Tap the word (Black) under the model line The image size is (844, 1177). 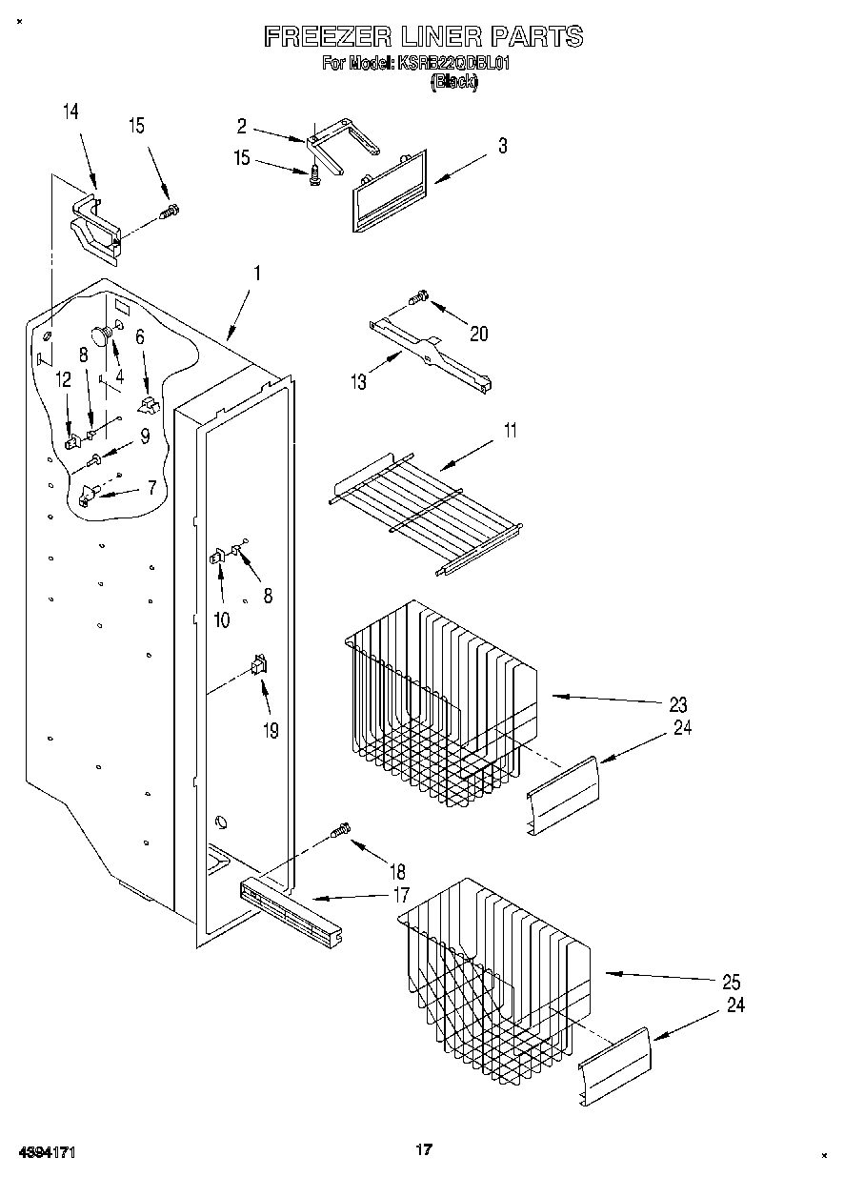(x=454, y=81)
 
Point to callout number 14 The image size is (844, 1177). (x=70, y=112)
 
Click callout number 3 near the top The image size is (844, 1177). (x=502, y=146)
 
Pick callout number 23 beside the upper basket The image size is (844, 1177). (x=677, y=705)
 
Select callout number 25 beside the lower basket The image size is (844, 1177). (x=732, y=983)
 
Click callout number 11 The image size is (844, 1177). (x=511, y=430)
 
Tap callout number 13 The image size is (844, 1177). (x=359, y=382)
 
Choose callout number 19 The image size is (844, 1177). (x=271, y=731)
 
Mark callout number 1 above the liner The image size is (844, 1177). (x=257, y=273)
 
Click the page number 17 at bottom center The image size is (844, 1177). (x=424, y=1149)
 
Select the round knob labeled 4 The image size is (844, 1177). (x=99, y=334)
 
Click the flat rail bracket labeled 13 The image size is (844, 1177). (x=430, y=355)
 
